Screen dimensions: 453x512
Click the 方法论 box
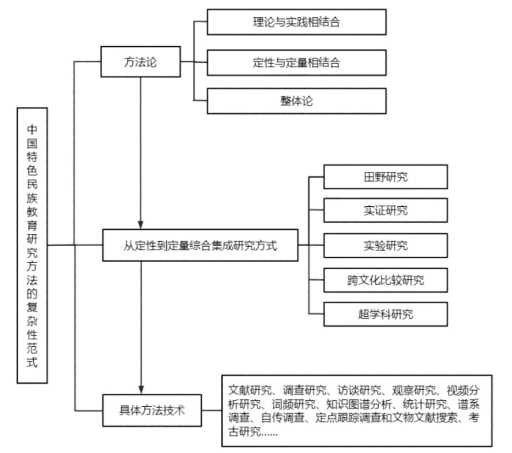[x=140, y=62]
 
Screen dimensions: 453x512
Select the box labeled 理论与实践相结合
[x=296, y=22]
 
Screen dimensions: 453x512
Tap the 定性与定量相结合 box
[x=296, y=62]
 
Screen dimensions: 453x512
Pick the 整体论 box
[x=296, y=101]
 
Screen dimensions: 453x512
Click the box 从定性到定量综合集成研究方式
[x=200, y=246]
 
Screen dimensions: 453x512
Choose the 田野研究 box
[x=385, y=176]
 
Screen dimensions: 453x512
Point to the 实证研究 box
[x=385, y=210]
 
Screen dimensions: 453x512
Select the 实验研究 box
[x=385, y=245]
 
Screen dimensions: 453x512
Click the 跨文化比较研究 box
[x=385, y=279]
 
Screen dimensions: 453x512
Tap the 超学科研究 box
[x=385, y=314]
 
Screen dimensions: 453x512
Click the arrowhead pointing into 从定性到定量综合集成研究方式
[x=140, y=225]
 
